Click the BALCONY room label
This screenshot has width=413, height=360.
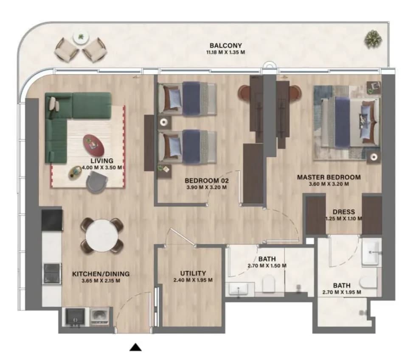point(225,45)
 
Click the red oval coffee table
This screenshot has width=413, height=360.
point(93,145)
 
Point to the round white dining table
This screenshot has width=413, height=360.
point(102,235)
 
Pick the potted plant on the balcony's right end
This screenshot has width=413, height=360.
point(373,39)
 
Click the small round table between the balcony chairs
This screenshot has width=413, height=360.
point(81,38)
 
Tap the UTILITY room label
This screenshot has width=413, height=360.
point(193,273)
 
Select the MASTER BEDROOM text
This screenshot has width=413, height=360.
point(329,177)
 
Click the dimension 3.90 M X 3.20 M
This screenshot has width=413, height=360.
point(206,187)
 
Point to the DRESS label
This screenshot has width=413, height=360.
point(343,212)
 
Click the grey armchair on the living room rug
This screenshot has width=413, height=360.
point(97,181)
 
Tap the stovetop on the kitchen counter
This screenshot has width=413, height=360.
point(52,273)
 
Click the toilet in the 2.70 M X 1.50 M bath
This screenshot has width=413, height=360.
point(269,283)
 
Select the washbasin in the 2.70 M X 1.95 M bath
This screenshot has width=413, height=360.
point(371,253)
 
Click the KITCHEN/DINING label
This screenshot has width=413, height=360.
point(101,273)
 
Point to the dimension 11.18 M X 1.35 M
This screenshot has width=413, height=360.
point(225,52)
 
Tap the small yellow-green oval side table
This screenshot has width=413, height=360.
point(75,173)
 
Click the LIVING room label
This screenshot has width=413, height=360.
point(102,161)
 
